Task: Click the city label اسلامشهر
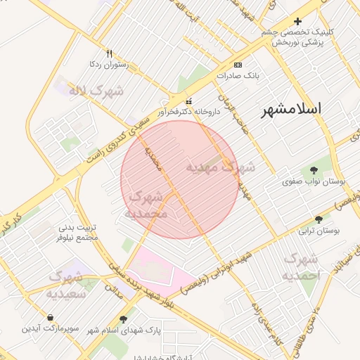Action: [291, 109]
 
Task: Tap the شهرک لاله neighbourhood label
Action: [96, 91]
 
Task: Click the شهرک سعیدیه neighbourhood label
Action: [66, 285]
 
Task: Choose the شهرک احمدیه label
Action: [301, 267]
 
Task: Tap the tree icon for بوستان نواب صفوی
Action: [314, 169]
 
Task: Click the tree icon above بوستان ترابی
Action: [319, 219]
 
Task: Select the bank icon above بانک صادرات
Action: [238, 64]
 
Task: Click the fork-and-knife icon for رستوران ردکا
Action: [108, 53]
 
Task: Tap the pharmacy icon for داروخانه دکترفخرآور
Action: [188, 101]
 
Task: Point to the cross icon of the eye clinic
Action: [297, 22]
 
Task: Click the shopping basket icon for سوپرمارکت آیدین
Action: [50, 318]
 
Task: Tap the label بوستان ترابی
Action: [320, 231]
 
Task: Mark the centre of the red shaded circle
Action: [179, 179]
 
